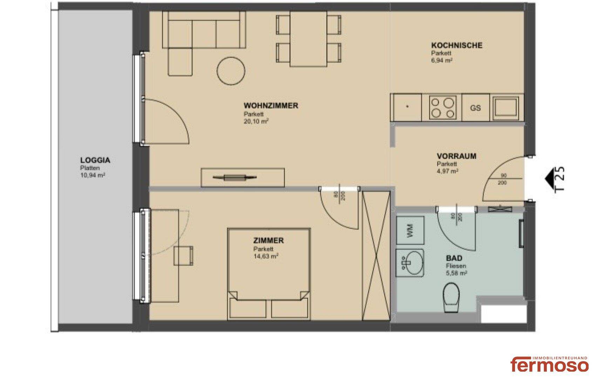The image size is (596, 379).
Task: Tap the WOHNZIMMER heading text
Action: (x=271, y=106)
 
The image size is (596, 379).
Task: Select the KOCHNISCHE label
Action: (x=456, y=45)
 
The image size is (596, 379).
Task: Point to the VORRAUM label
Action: (x=456, y=156)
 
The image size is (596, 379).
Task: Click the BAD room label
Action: (x=454, y=258)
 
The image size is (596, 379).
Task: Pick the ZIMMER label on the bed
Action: (x=268, y=241)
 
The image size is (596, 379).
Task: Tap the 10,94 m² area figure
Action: (x=93, y=175)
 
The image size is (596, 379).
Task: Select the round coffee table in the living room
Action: (x=231, y=71)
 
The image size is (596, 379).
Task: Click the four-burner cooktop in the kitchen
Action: (x=442, y=107)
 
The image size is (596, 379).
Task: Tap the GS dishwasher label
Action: (x=475, y=108)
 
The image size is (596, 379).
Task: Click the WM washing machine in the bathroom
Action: (x=410, y=230)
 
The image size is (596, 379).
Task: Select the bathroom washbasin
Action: (x=409, y=263)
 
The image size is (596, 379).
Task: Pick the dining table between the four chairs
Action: (x=309, y=39)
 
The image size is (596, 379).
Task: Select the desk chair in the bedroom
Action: (x=184, y=256)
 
